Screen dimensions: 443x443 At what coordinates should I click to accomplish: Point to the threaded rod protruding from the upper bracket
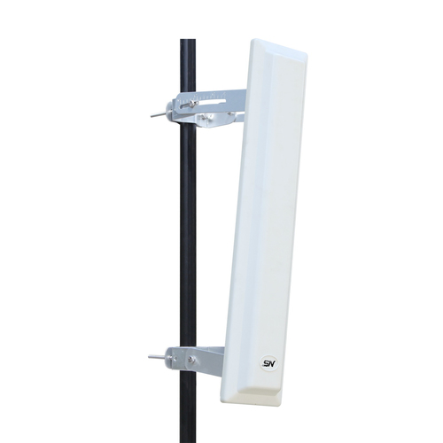pos(159,114)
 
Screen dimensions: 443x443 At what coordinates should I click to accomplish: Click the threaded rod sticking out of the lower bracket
pos(158,358)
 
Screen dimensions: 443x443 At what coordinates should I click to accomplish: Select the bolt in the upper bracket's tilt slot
pos(192,103)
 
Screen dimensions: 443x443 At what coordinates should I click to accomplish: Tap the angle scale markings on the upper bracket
pos(204,96)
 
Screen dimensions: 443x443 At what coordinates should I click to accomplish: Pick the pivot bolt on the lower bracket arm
pos(191,359)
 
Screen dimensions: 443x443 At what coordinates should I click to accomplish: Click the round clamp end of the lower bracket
pos(172,358)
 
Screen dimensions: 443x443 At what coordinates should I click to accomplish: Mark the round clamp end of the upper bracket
pos(172,110)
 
